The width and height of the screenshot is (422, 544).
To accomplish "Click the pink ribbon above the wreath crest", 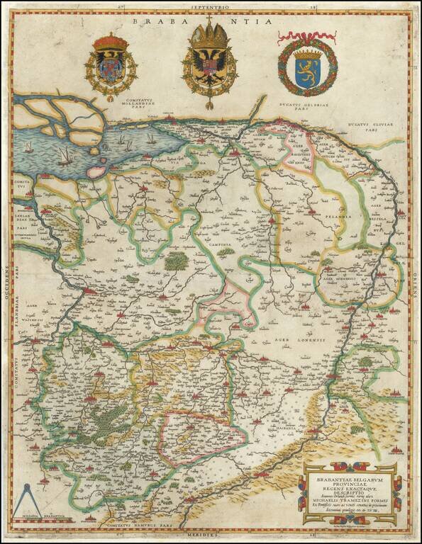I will coord(307,36).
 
